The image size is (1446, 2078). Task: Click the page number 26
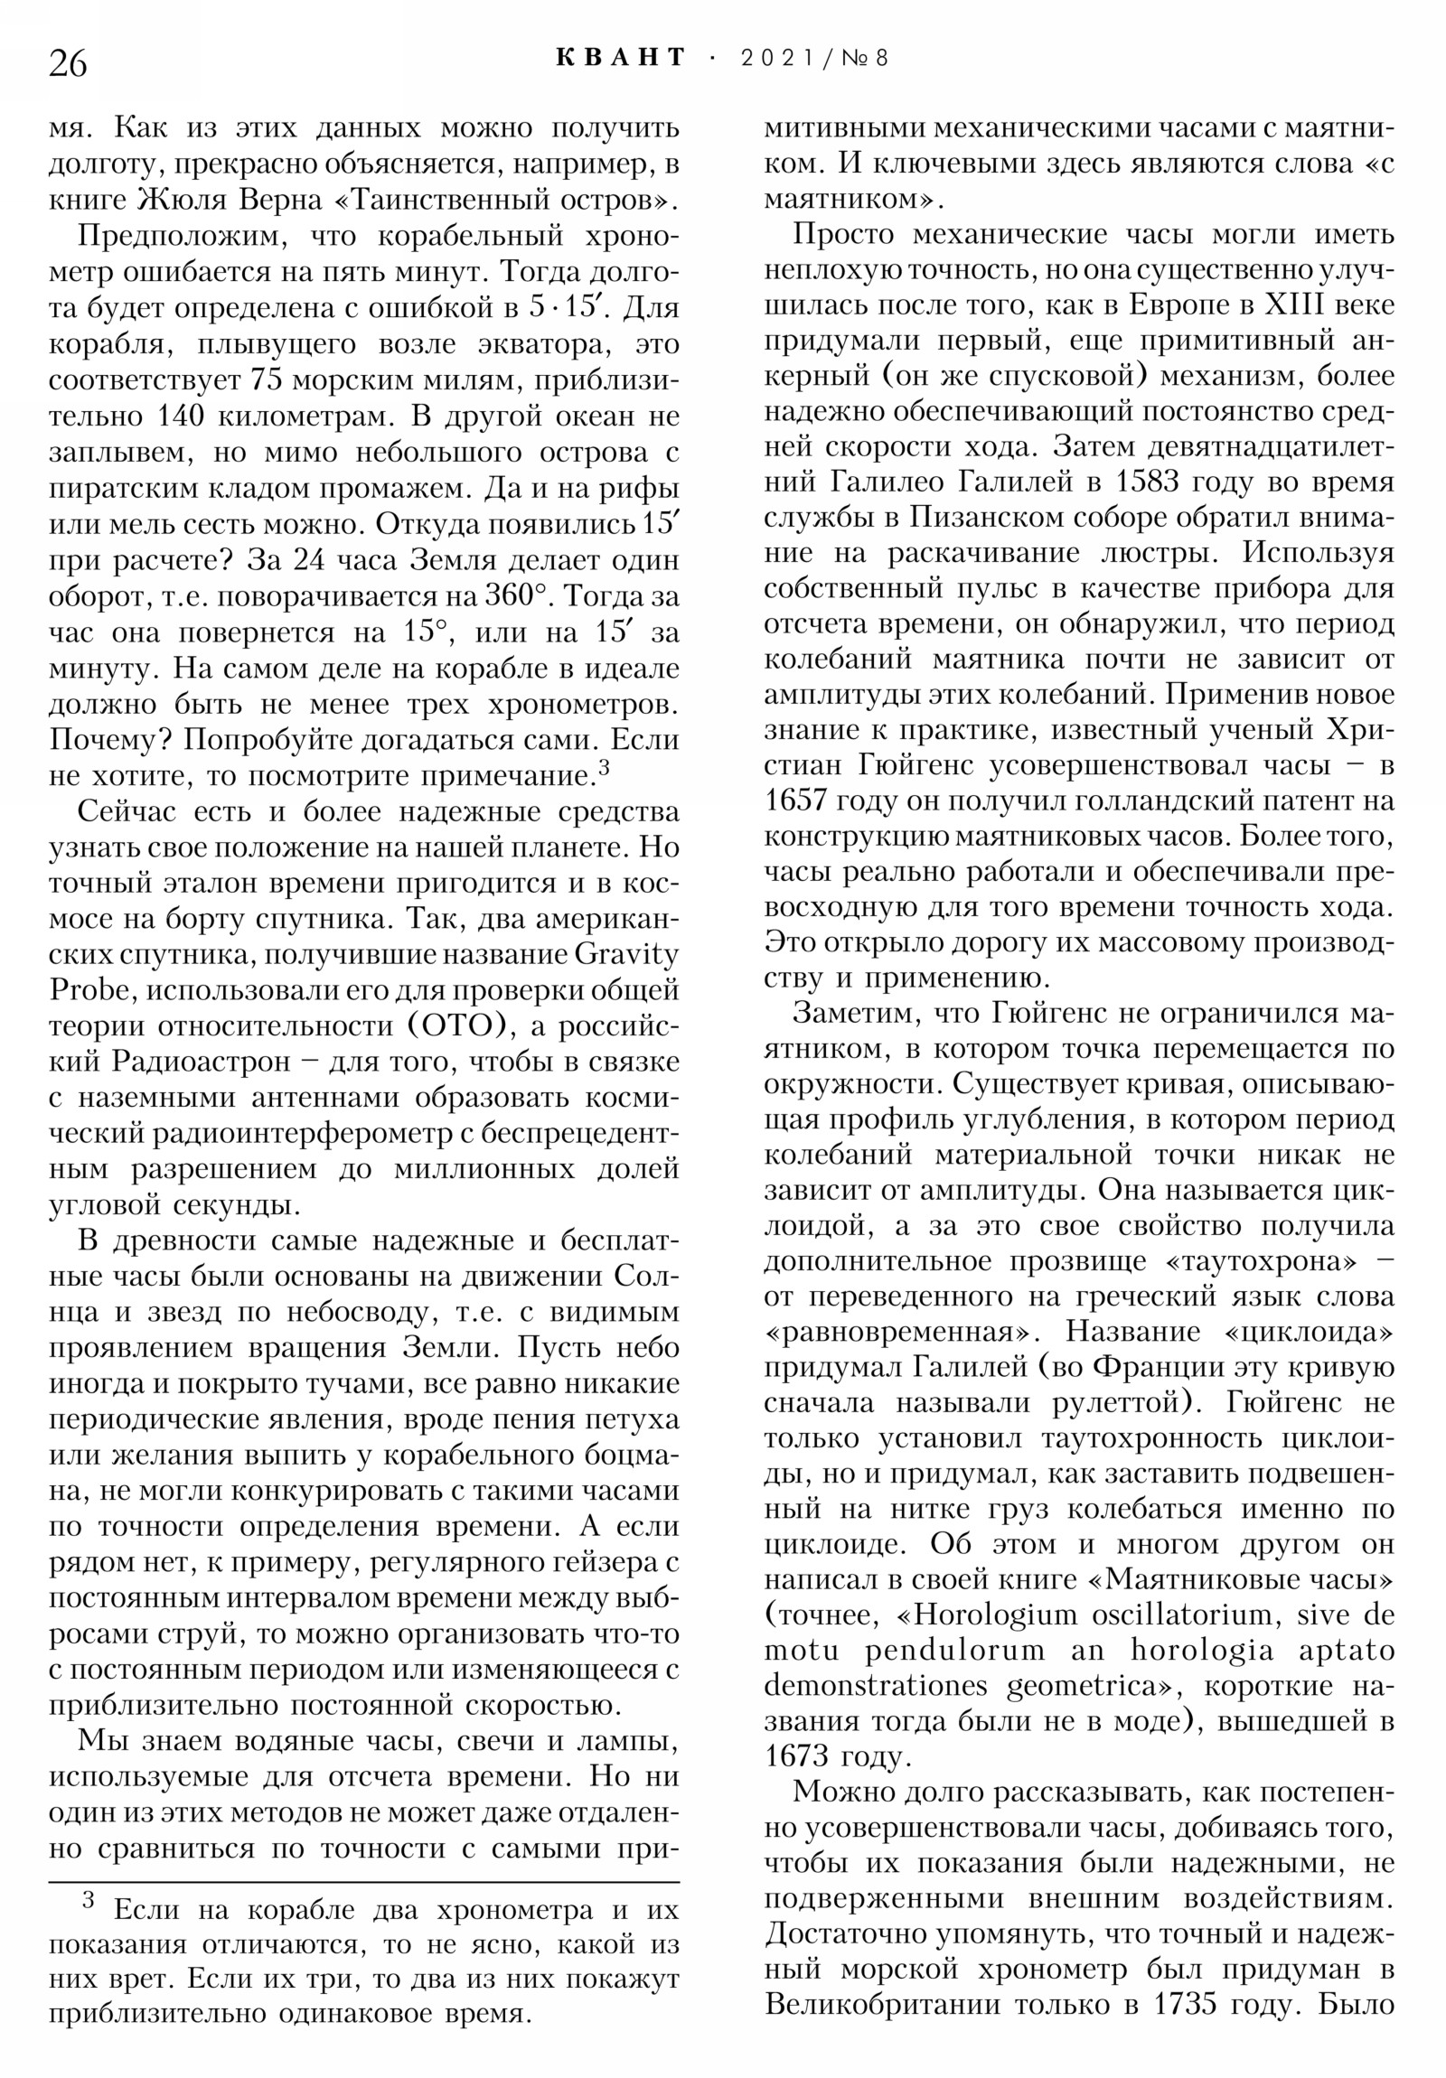pyautogui.click(x=68, y=64)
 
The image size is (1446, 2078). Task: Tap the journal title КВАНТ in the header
pyautogui.click(x=621, y=58)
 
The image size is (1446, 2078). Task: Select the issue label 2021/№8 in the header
pyautogui.click(x=814, y=59)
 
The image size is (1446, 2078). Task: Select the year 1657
pyautogui.click(x=796, y=801)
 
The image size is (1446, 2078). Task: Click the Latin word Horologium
pyautogui.click(x=990, y=1615)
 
